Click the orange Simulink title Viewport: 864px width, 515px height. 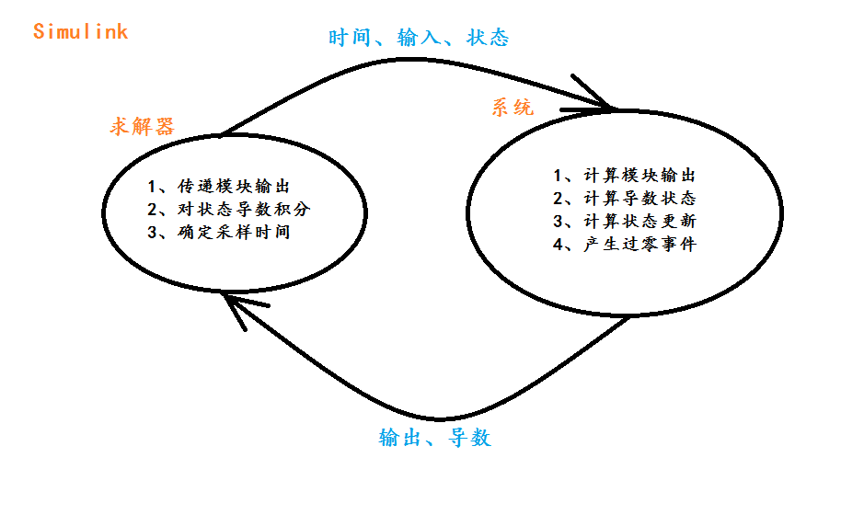(x=80, y=31)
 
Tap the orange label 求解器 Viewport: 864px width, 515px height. (x=143, y=126)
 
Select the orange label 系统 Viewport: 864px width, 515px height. (x=512, y=108)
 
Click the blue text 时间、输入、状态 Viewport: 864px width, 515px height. (x=419, y=38)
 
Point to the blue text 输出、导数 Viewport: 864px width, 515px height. (x=435, y=438)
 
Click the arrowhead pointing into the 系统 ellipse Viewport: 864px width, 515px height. (x=603, y=104)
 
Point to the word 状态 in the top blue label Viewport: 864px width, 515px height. (x=489, y=38)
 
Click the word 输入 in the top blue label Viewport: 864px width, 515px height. (x=419, y=38)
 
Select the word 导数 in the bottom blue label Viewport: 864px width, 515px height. (x=470, y=438)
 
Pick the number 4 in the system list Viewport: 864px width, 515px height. (x=558, y=245)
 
